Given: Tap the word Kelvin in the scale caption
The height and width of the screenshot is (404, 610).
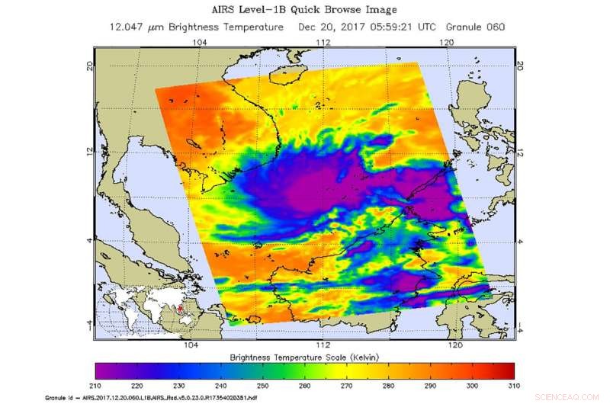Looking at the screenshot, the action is pos(370,357).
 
